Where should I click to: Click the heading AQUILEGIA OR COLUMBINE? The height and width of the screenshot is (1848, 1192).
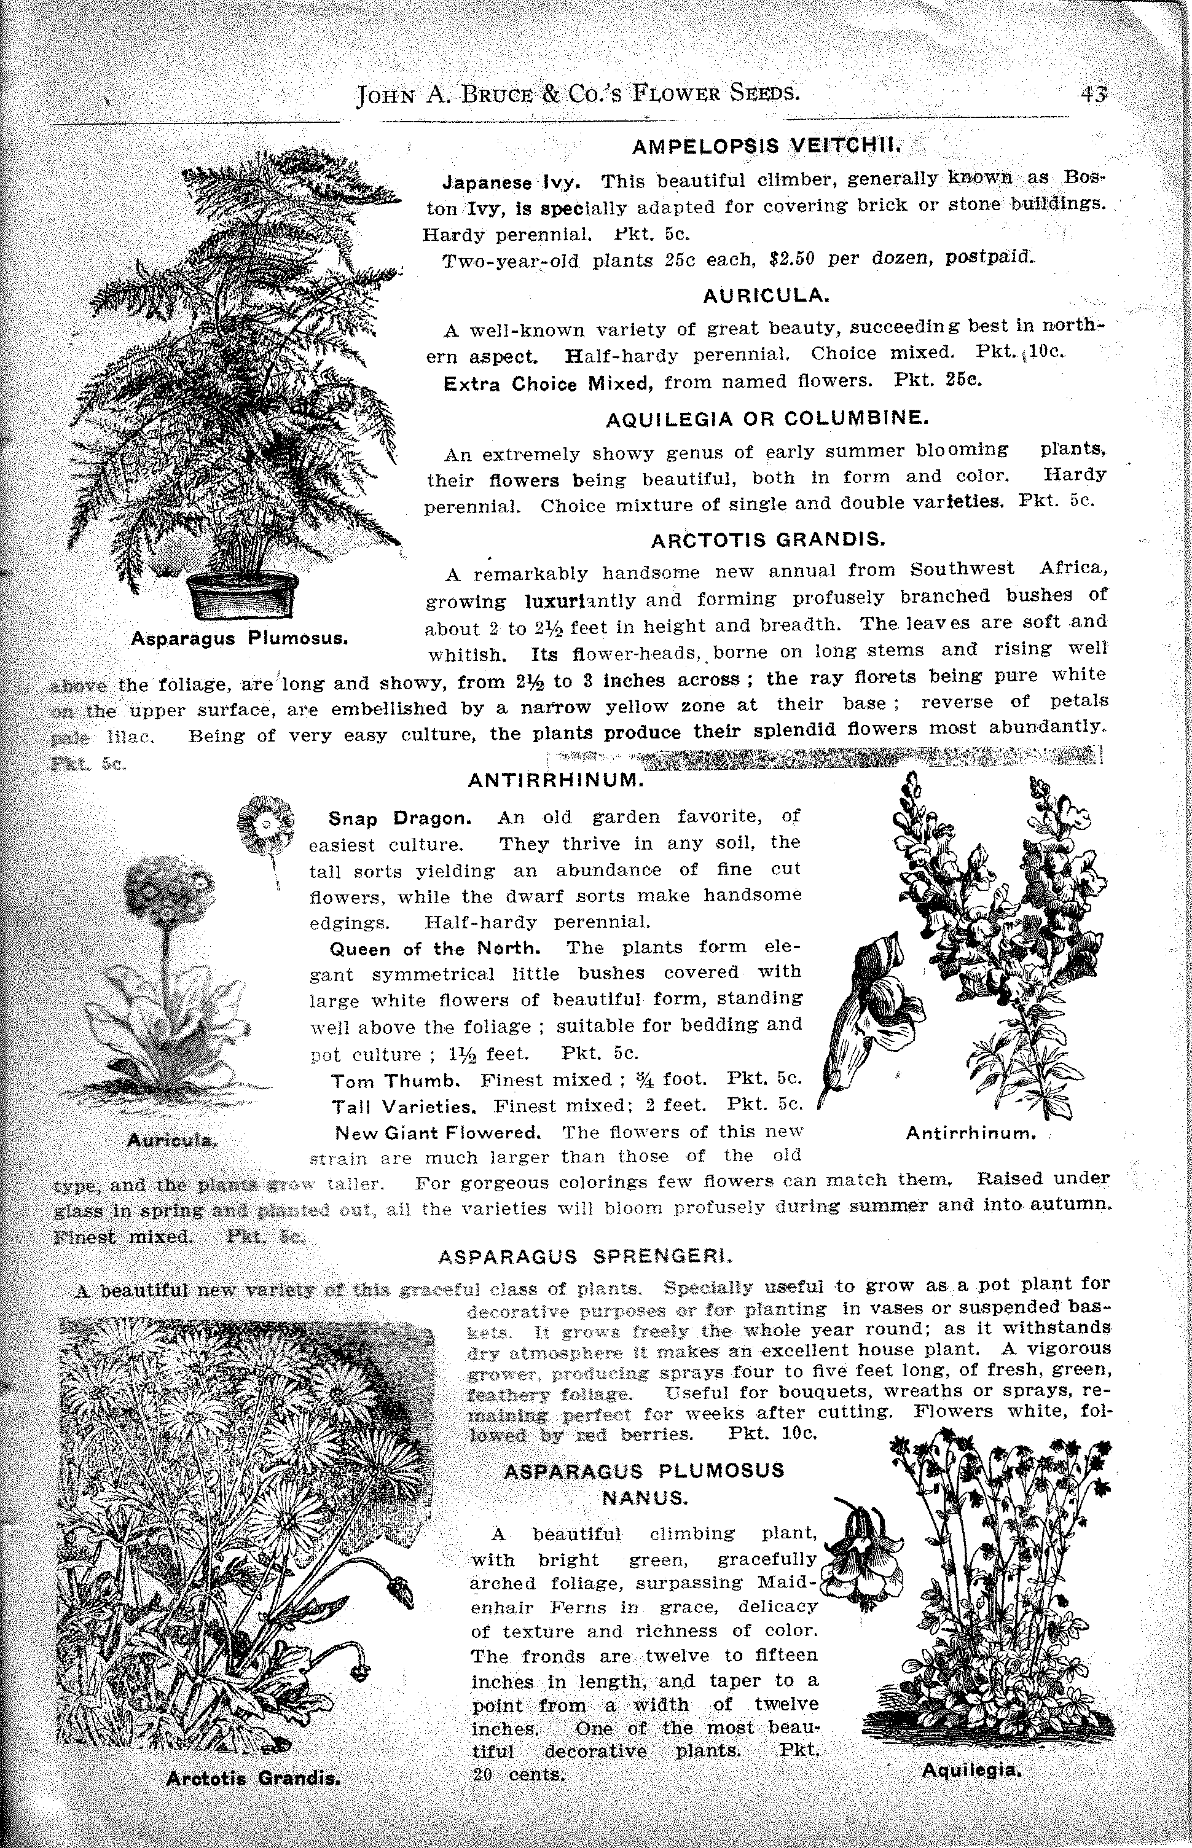click(766, 418)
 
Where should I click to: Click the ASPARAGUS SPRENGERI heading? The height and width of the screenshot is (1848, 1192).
click(585, 1257)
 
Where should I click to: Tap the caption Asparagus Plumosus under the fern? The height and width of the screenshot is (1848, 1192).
click(239, 639)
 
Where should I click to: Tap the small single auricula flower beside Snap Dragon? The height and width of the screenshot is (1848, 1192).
click(265, 823)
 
